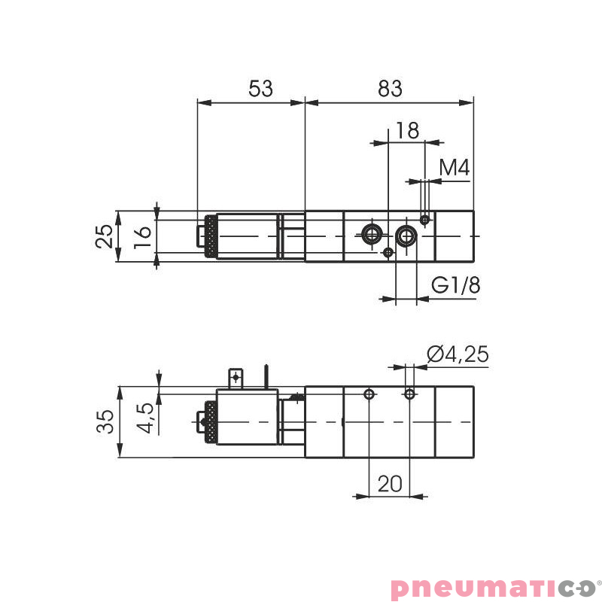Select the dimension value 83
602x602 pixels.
[x=390, y=89]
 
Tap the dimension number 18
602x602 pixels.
[x=406, y=130]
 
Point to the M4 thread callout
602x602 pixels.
[x=455, y=168]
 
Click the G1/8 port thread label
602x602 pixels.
[x=455, y=286]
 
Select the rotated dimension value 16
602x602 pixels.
[x=143, y=236]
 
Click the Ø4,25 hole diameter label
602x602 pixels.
[x=457, y=354]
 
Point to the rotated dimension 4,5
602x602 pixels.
[x=145, y=418]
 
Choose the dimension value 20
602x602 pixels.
[x=390, y=483]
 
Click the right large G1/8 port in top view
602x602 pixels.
[x=407, y=236]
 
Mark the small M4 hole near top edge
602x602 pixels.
[x=425, y=220]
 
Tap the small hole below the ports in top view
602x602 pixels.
[x=388, y=252]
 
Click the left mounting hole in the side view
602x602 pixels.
[x=369, y=394]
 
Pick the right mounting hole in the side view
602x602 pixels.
[x=409, y=394]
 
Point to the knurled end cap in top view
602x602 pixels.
[x=210, y=236]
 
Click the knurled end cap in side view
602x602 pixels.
[x=210, y=422]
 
